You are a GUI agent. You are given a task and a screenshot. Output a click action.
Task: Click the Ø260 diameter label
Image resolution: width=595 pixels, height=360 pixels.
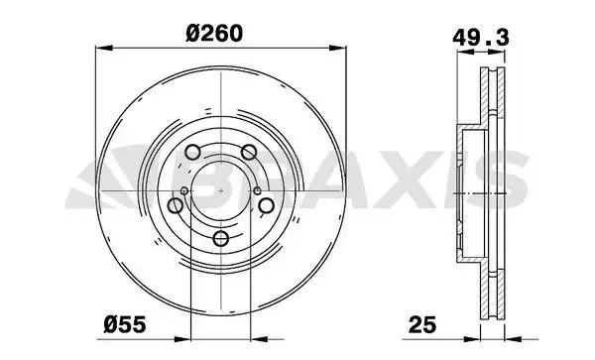pyautogui.click(x=214, y=34)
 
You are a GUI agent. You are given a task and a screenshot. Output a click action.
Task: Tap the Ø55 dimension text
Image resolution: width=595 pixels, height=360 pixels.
pyautogui.click(x=125, y=325)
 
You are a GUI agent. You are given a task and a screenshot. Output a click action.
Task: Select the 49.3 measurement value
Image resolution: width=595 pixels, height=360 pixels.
pyautogui.click(x=480, y=38)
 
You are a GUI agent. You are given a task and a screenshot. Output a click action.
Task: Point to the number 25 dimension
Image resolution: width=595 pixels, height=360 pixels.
pyautogui.click(x=422, y=325)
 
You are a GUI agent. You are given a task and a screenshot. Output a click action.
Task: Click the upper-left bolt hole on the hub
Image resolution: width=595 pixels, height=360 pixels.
pyautogui.click(x=192, y=152)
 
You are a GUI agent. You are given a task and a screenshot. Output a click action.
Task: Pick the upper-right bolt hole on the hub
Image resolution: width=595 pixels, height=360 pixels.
pyautogui.click(x=249, y=152)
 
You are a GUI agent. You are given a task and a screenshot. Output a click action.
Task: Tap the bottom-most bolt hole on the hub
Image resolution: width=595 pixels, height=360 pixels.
pyautogui.click(x=221, y=239)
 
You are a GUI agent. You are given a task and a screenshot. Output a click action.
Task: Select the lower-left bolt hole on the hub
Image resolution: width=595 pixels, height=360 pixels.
pyautogui.click(x=176, y=205)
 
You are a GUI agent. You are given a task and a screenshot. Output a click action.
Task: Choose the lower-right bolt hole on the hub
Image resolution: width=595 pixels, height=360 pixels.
pyautogui.click(x=267, y=205)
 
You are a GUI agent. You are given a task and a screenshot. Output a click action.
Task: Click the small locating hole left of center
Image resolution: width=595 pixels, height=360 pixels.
pyautogui.click(x=184, y=190)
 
